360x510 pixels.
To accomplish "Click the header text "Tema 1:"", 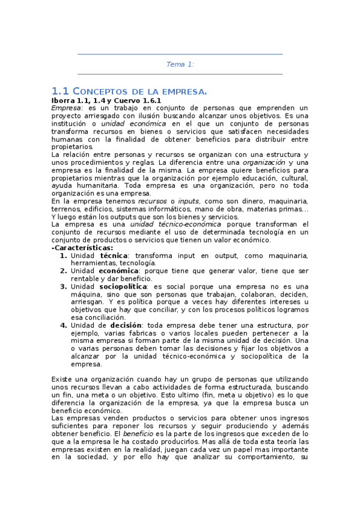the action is [180, 64].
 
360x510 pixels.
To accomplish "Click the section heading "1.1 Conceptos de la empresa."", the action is [129, 91].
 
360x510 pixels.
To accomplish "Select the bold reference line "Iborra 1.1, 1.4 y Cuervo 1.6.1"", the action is [106, 100].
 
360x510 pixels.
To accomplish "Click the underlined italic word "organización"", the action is [264, 162].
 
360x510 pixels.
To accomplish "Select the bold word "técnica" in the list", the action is [114, 256].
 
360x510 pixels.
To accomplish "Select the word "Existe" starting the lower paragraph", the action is [63, 379].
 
